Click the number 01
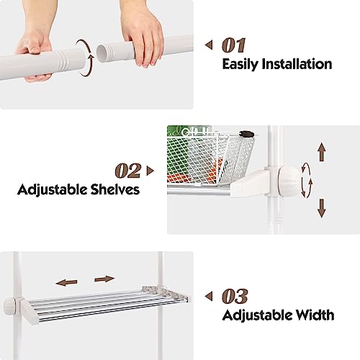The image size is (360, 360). point(234,45)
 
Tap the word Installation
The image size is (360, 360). point(297,64)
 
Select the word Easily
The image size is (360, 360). point(240,65)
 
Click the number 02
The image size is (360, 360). point(128,171)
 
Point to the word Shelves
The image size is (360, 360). point(115,189)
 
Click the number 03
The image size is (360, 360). point(235,297)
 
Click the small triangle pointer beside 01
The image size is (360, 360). point(209,45)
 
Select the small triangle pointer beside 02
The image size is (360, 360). point(150,171)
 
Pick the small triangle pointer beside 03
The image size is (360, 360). point(209,296)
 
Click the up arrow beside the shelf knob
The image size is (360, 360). point(322,151)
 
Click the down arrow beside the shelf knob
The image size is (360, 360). point(322,208)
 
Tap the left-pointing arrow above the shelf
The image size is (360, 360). point(66,282)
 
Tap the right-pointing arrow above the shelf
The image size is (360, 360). point(104,279)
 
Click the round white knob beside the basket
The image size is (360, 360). point(290,181)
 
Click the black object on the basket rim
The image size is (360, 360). point(246,134)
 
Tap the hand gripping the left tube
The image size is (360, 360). point(35,54)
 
